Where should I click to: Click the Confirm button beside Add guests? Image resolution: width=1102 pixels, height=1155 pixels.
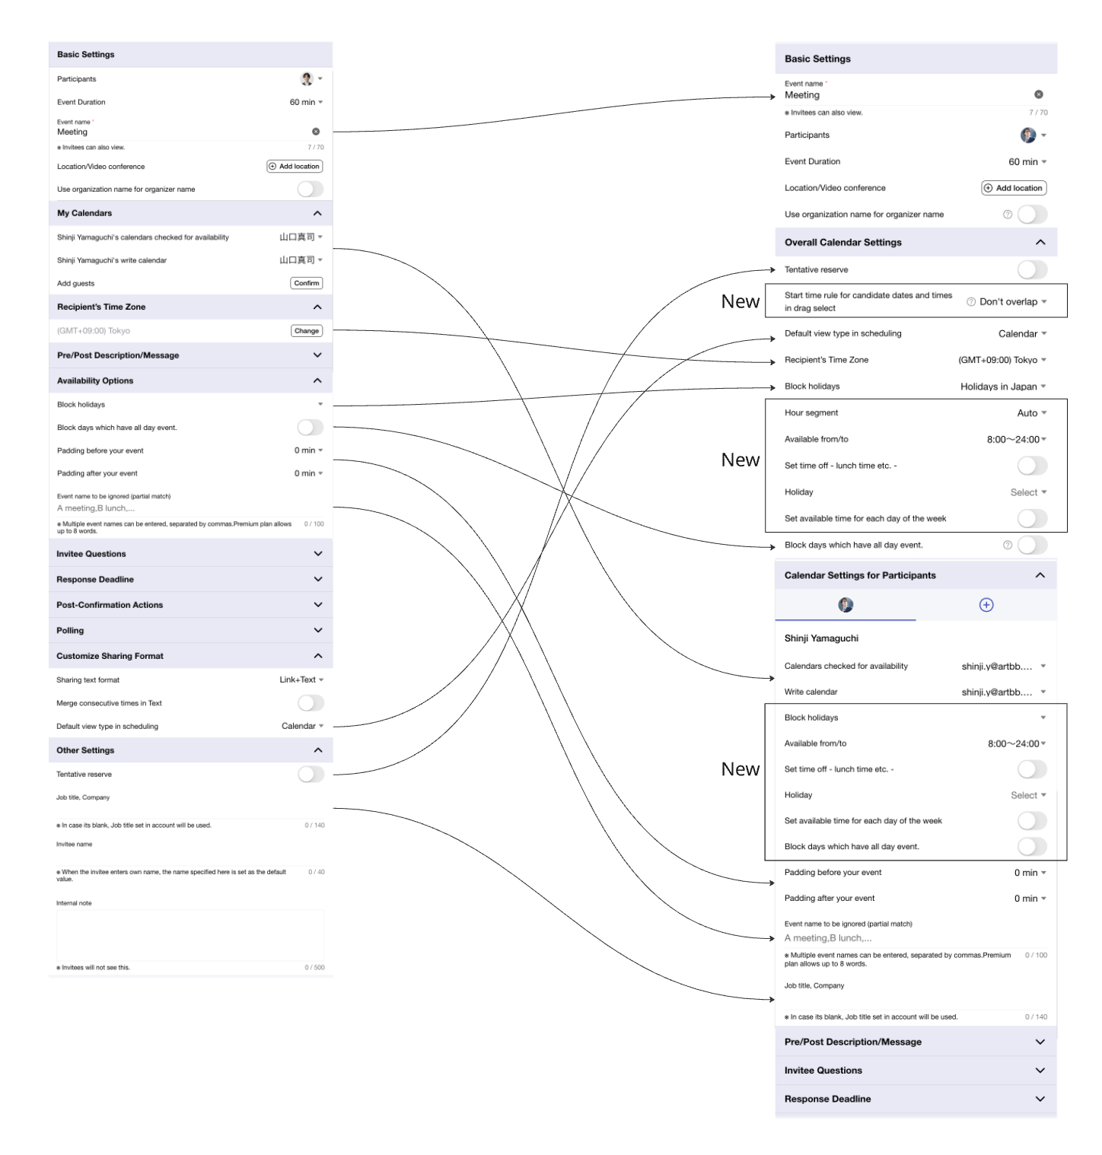(x=307, y=283)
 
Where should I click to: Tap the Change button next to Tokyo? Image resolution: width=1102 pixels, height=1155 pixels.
(x=307, y=331)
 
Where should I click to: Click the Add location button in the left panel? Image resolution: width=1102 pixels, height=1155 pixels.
(x=295, y=166)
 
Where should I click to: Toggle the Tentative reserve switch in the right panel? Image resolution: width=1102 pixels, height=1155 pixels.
(x=1032, y=269)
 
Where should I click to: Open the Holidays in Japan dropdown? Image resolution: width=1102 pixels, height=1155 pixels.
(x=1002, y=387)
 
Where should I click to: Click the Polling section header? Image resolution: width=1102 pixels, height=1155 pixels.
(x=190, y=630)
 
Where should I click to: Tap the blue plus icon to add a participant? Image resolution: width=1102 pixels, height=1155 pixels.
(x=986, y=605)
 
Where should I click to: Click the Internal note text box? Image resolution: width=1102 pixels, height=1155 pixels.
(x=190, y=935)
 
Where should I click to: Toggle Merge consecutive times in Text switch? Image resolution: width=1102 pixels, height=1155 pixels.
(x=311, y=703)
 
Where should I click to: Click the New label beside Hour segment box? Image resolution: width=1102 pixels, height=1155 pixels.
(x=741, y=460)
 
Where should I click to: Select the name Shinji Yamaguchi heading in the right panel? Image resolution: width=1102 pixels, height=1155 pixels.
(x=821, y=638)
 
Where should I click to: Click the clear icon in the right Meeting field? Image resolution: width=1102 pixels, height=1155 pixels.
(x=1038, y=94)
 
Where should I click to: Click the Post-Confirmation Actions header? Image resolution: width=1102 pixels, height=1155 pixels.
(x=190, y=605)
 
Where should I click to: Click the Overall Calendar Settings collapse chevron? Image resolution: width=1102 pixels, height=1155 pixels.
(x=1040, y=242)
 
